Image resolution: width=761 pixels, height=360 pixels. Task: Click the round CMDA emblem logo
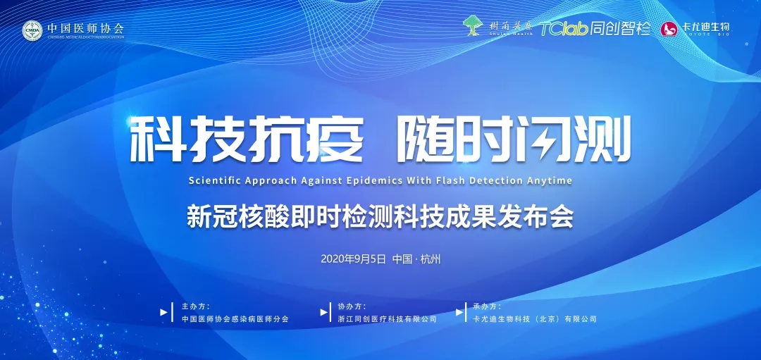tap(32, 30)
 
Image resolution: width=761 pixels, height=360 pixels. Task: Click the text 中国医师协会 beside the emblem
tap(85, 28)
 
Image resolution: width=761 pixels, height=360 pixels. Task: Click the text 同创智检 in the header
tap(620, 29)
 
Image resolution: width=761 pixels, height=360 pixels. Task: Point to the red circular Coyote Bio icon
tap(669, 29)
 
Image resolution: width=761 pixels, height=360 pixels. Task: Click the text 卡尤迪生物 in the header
tap(705, 27)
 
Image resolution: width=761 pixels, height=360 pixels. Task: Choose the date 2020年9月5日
tap(353, 259)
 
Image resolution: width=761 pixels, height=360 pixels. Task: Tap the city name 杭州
tap(430, 259)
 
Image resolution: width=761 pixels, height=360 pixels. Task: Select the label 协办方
tap(352, 306)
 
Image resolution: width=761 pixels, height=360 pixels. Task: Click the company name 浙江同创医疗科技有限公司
tap(388, 318)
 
